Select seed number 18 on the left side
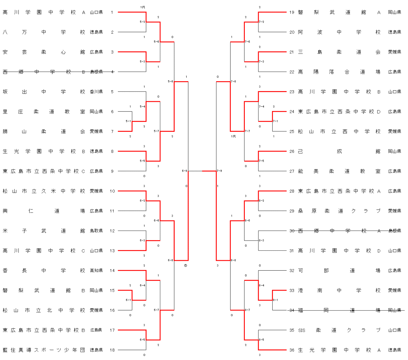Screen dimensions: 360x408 point(112,350)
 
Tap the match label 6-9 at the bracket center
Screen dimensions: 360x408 point(184,171)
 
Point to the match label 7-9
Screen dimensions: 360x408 point(219,171)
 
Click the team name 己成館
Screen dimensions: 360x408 point(339,151)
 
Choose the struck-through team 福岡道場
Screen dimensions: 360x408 point(339,310)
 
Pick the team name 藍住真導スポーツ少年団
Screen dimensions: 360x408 point(44,350)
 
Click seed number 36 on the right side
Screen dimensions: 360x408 point(292,350)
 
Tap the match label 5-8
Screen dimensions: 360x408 point(170,82)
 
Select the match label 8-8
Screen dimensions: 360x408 point(233,260)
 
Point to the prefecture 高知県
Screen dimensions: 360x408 point(96,271)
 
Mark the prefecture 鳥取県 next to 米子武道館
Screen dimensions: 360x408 point(96,231)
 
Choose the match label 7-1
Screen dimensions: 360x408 point(275,121)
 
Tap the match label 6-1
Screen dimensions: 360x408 point(128,300)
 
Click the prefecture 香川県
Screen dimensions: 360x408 point(96,92)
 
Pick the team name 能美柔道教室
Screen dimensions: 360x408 point(339,171)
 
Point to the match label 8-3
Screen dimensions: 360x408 point(261,240)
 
